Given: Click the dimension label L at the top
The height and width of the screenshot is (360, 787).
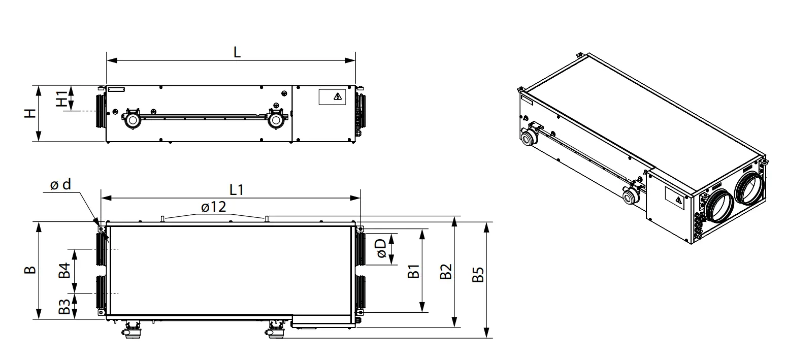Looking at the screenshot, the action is click(237, 52).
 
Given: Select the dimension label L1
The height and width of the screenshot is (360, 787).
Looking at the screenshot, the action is click(237, 190).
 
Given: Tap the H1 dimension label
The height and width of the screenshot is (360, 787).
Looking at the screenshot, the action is click(62, 99).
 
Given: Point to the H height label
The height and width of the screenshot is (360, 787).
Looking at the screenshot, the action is click(30, 113).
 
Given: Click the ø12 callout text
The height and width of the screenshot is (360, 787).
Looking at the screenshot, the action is click(213, 207).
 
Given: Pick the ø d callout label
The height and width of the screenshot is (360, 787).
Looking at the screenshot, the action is click(60, 184).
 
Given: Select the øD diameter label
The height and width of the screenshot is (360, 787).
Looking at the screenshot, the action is click(381, 248).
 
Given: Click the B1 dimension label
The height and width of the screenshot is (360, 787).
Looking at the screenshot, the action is click(413, 271).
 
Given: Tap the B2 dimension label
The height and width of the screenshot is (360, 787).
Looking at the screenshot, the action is click(446, 271).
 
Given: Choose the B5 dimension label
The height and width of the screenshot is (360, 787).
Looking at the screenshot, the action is click(478, 275).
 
